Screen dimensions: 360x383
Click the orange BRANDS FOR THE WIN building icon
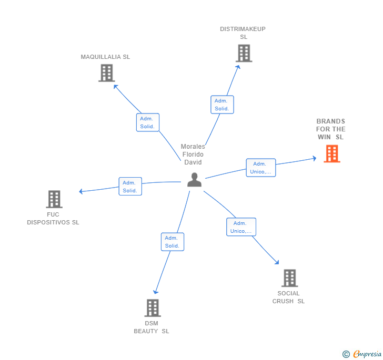331,153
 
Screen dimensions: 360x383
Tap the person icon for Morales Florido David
195,180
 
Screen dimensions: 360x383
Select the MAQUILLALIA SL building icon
106,73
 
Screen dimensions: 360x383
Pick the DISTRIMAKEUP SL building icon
244,53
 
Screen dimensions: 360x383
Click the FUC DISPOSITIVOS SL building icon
54,199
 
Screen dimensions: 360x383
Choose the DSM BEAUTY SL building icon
152,308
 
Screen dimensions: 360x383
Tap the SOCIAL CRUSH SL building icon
289,278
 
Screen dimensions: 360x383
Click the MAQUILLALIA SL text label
105,57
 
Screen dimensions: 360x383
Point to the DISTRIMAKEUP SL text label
243,33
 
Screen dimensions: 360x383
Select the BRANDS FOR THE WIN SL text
331,129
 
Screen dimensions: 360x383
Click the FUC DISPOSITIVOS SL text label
53,219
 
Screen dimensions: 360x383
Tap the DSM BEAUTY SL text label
152,327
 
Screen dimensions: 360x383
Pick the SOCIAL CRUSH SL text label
288,297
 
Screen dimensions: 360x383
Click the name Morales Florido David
193,155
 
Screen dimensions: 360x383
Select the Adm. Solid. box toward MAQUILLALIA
147,122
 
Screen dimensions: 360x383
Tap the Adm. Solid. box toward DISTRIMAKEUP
222,105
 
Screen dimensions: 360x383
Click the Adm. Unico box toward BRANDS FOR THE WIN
260,168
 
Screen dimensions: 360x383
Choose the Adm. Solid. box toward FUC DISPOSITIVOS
130,187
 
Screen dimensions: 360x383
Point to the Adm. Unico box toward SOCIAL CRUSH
241,227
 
